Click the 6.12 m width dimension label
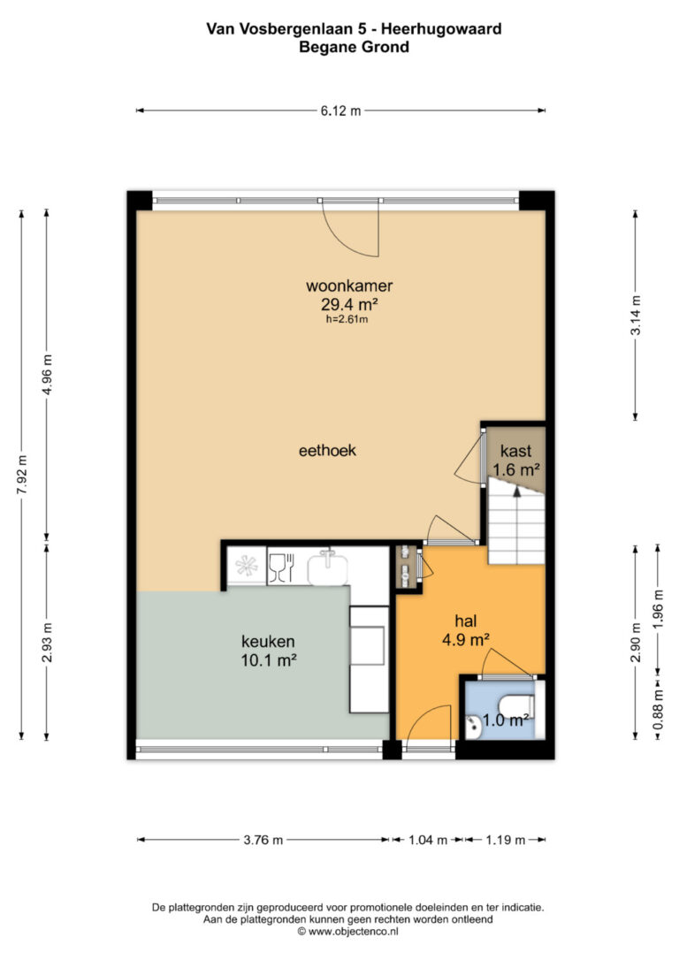coord(340,110)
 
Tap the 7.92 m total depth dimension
coord(22,476)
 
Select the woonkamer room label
coord(349,286)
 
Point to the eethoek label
coord(327,451)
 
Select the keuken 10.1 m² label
coord(268,651)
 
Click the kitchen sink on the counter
coord(327,568)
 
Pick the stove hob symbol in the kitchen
coord(247,565)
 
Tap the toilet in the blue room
coord(519,706)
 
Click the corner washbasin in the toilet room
coord(473,727)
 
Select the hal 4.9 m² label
coord(465,630)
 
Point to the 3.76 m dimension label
coord(263,840)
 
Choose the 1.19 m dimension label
coord(505,840)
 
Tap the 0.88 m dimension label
coord(658,709)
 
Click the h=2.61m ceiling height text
coord(347,319)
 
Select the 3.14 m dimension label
coord(637,315)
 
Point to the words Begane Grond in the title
coord(354,47)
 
